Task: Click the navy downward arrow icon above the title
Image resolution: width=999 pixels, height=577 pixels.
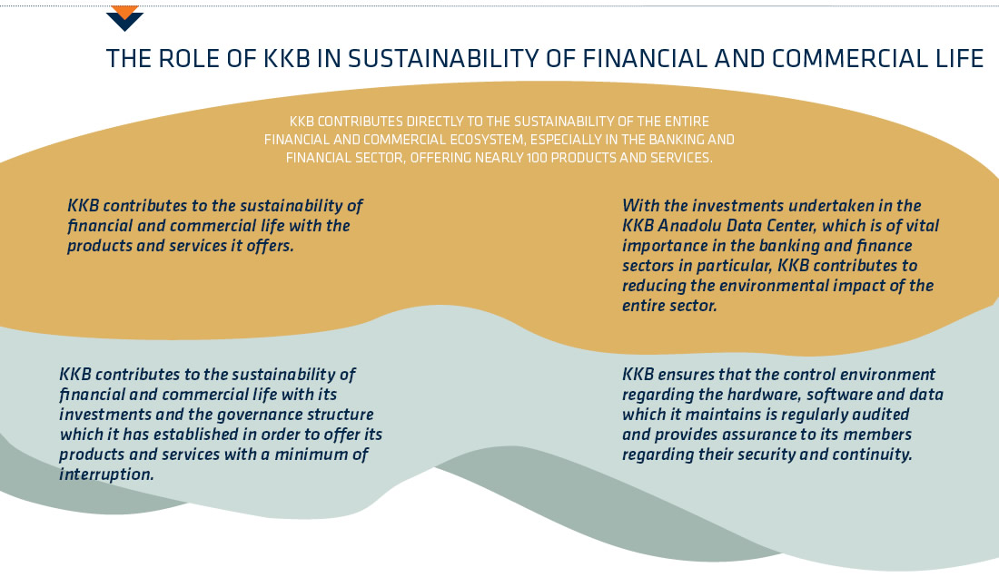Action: pos(125,21)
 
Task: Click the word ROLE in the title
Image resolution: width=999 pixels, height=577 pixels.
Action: pos(188,59)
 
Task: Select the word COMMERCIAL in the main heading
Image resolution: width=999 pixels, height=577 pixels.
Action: pos(848,59)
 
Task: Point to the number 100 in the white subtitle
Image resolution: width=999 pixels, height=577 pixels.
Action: pos(537,158)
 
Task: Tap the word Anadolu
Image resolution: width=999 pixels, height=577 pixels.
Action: pos(689,225)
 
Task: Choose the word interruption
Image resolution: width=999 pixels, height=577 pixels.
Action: pos(106,474)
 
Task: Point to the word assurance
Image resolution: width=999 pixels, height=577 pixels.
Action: pos(727,435)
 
